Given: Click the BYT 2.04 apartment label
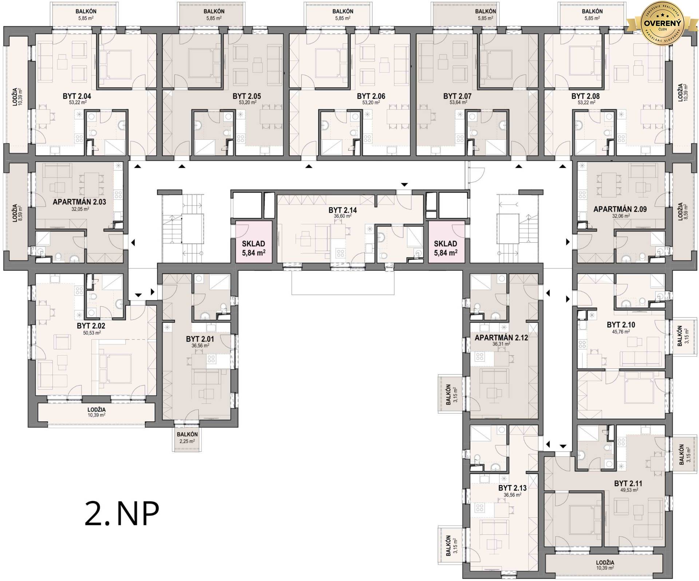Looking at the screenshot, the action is (x=76, y=96).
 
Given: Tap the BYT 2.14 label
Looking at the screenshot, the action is (x=343, y=210).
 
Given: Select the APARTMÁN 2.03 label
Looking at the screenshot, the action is (x=79, y=202).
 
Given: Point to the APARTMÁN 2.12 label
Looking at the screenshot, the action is (x=501, y=338).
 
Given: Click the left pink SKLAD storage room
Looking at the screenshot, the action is (x=254, y=242).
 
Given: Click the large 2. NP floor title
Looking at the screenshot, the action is (x=122, y=514).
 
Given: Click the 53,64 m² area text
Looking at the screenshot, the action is (x=458, y=103).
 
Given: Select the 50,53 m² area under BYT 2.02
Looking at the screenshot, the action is (x=92, y=333).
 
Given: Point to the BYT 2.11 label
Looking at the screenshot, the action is (x=628, y=483).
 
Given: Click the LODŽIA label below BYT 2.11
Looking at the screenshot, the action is (x=605, y=562).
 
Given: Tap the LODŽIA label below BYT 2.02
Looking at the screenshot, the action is (x=96, y=410).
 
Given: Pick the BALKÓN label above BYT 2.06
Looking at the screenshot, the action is (x=343, y=11).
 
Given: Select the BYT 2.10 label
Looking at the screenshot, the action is (x=621, y=325).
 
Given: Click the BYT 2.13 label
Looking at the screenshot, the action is (x=513, y=488).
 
